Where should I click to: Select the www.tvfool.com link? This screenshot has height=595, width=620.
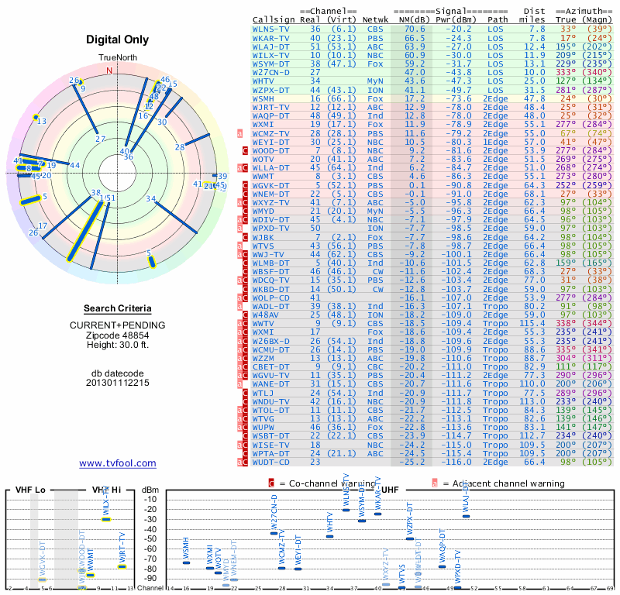tap(118, 463)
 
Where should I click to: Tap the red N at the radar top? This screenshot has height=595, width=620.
tap(108, 71)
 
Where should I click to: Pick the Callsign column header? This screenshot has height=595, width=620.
tap(273, 19)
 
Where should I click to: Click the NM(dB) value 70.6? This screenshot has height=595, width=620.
tap(412, 29)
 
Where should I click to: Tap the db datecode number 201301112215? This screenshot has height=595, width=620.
tap(118, 383)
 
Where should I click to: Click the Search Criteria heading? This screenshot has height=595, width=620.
tap(118, 308)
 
